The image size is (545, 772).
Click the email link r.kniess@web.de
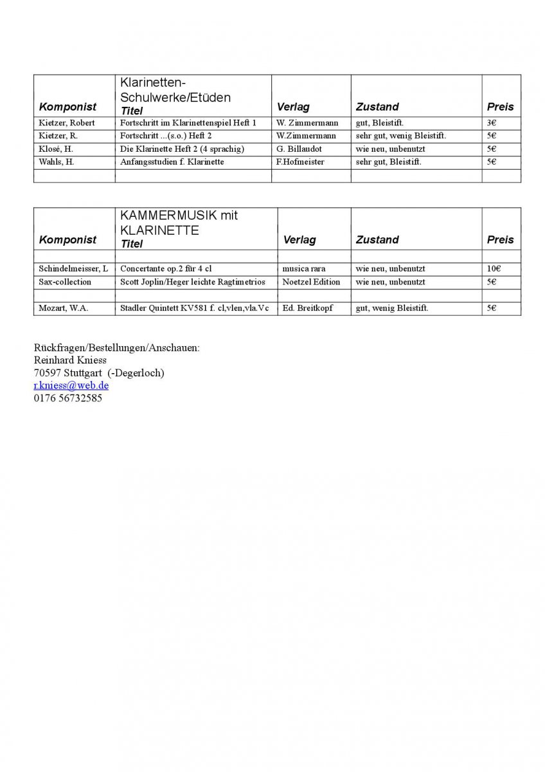pos(71,385)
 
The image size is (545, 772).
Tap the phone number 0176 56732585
pos(67,398)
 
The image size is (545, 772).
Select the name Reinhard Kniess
pos(70,360)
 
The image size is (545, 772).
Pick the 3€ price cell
pos(492,123)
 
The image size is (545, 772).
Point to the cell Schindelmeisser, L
pos(73,269)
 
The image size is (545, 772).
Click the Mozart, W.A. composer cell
pos(64,308)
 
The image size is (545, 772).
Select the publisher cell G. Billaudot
pos(299,149)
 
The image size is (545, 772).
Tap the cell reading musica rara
pos(304,269)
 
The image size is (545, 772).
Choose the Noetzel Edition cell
pos(312,282)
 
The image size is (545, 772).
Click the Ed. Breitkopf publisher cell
pos(308,308)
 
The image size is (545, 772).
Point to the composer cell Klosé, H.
pos(57,149)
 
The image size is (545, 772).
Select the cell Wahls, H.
pos(57,161)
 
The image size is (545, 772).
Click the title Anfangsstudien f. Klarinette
pos(172,161)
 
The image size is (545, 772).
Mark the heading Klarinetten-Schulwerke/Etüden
pos(175,90)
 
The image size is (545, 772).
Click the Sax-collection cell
pos(65,282)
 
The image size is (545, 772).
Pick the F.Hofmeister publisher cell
pos(300,161)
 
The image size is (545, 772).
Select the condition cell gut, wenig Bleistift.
pos(392,308)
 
